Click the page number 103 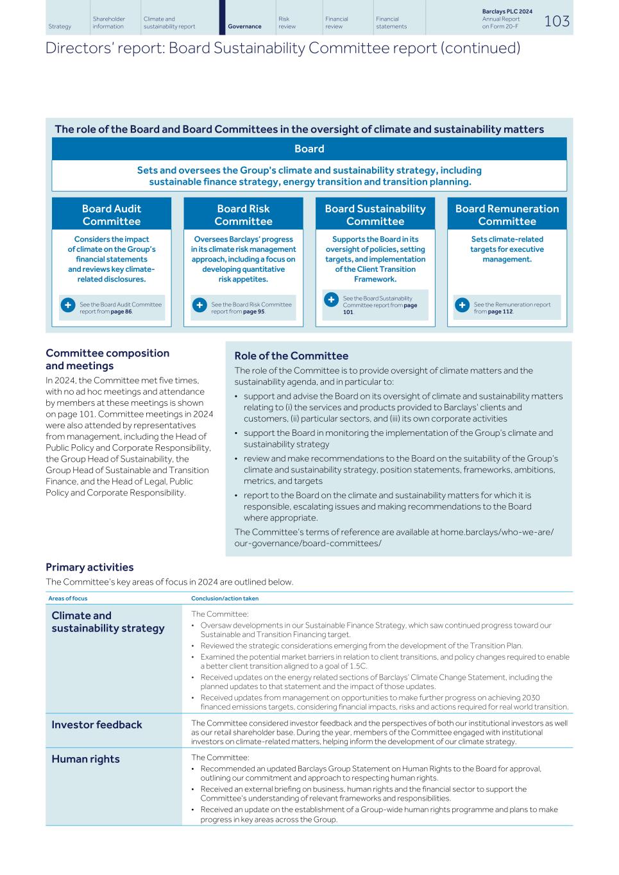556,21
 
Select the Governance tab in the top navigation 244,26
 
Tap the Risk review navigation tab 287,22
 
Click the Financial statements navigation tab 391,22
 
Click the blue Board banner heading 309,149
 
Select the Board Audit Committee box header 112,215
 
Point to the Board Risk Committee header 243,215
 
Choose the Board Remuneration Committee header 507,215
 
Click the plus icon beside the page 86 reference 68,306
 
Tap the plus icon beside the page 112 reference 462,306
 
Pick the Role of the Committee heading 291,356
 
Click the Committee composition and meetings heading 108,359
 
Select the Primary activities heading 90,567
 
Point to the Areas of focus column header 68,598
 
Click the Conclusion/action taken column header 225,598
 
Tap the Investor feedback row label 97,724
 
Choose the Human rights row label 85,759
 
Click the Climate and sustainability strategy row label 108,622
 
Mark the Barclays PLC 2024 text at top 507,12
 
